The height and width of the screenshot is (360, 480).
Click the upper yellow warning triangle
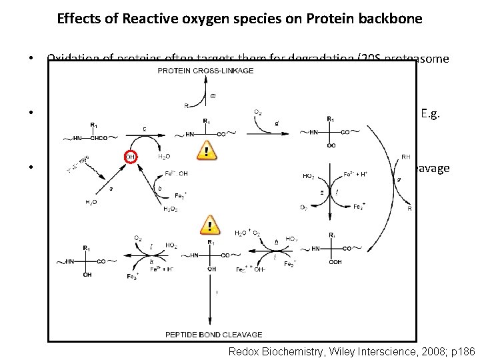point(209,151)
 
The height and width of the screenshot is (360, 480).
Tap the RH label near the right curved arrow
point(406,157)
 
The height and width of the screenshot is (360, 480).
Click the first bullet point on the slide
point(31,57)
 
